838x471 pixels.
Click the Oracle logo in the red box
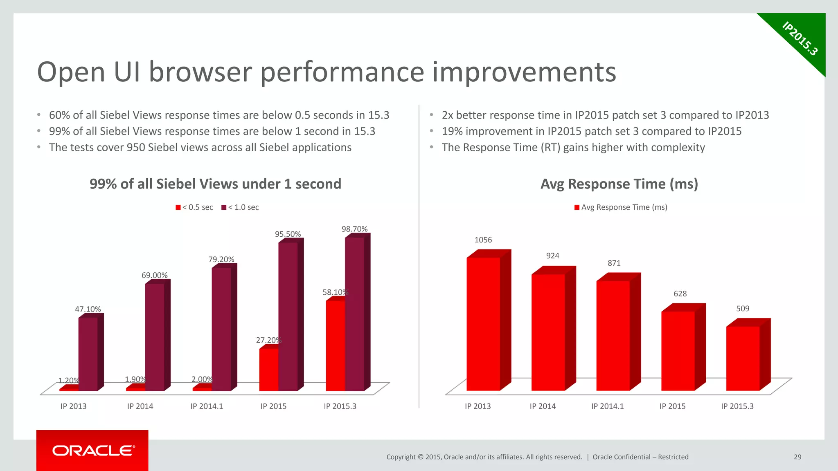(x=93, y=451)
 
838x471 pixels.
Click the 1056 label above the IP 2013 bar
(x=483, y=240)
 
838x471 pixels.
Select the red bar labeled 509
(x=743, y=358)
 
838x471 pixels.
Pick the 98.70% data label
(x=354, y=229)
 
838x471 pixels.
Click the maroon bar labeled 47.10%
(x=88, y=354)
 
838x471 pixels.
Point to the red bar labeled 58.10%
(x=335, y=345)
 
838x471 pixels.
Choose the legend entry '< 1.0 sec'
(x=240, y=207)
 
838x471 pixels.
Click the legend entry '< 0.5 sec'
(x=194, y=207)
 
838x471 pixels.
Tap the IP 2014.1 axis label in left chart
(x=207, y=406)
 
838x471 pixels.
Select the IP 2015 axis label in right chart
(x=672, y=406)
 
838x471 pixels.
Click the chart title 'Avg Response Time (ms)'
(x=619, y=184)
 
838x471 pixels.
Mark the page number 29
(x=797, y=457)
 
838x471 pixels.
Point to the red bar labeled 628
(x=678, y=351)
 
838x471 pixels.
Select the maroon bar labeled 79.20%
(x=221, y=329)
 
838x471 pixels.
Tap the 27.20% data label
(x=268, y=340)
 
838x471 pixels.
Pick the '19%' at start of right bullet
(x=452, y=131)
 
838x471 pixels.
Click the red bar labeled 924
(x=548, y=332)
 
